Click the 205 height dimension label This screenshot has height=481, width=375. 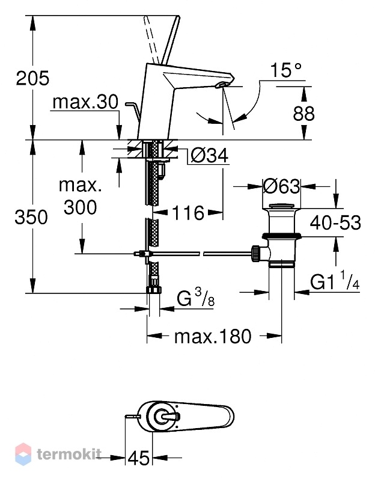[32, 78]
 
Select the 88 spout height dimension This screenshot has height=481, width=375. [303, 114]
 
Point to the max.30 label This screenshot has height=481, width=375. [85, 102]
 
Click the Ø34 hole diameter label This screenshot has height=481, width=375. [210, 155]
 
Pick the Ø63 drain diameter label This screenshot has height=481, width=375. [281, 186]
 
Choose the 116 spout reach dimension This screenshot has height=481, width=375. [188, 213]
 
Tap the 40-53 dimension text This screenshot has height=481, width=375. [335, 222]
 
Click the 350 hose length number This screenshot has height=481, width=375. [31, 217]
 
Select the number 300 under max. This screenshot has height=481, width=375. [80, 207]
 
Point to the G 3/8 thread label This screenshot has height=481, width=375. [196, 298]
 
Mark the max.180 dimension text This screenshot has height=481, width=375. [213, 336]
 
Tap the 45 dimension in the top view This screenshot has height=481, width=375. [139, 458]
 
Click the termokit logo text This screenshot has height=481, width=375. [69, 454]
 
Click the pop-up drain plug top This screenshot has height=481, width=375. [281, 206]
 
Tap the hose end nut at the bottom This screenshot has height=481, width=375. [154, 290]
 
